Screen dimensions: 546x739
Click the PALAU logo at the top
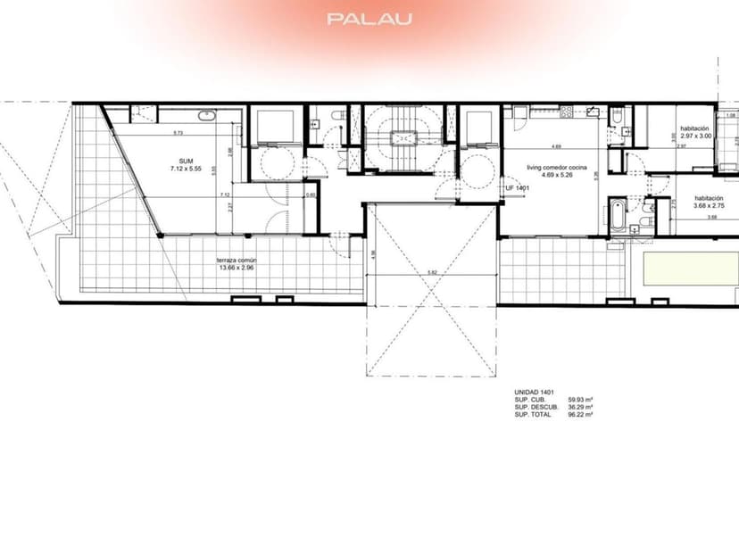coord(369,19)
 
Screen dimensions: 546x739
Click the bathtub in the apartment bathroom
coord(619,217)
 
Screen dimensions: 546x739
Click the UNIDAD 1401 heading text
coord(535,393)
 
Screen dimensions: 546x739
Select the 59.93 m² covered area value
coord(581,400)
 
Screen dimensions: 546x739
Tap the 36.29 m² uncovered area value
coord(581,407)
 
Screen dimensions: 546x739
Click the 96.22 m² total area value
coord(581,414)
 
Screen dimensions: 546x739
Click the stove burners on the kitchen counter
coord(564,112)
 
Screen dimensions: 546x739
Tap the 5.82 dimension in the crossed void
coord(432,273)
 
